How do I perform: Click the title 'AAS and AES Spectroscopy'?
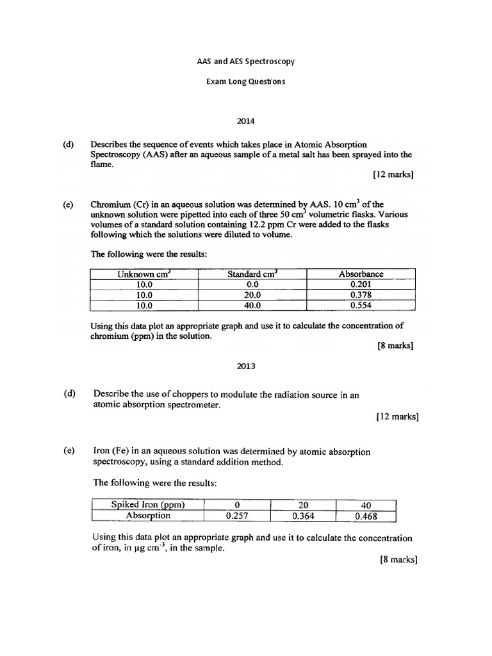pyautogui.click(x=245, y=62)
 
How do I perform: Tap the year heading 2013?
pyautogui.click(x=245, y=366)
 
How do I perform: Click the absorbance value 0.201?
pyautogui.click(x=361, y=284)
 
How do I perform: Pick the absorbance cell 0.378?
pyautogui.click(x=361, y=295)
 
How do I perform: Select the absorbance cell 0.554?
pyautogui.click(x=361, y=306)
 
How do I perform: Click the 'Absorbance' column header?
pyautogui.click(x=361, y=274)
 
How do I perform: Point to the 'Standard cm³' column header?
pyautogui.click(x=252, y=274)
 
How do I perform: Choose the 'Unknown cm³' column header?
pyautogui.click(x=143, y=274)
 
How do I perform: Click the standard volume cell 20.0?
pyautogui.click(x=252, y=295)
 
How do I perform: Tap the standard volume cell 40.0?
pyautogui.click(x=252, y=306)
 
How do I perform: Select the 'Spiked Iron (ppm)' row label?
pyautogui.click(x=148, y=504)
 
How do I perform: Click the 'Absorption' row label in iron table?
pyautogui.click(x=148, y=515)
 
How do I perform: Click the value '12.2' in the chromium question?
pyautogui.click(x=257, y=225)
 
